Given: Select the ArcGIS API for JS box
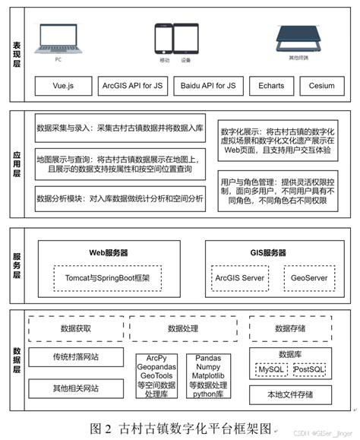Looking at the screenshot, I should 132,87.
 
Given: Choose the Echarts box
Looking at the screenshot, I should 271,87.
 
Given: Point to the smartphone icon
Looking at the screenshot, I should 162,38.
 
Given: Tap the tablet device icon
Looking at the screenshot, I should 185,38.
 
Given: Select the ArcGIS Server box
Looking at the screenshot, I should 240,278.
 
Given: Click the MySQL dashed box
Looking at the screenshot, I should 270,369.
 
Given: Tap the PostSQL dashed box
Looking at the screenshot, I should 308,369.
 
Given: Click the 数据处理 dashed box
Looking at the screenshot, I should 182,329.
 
